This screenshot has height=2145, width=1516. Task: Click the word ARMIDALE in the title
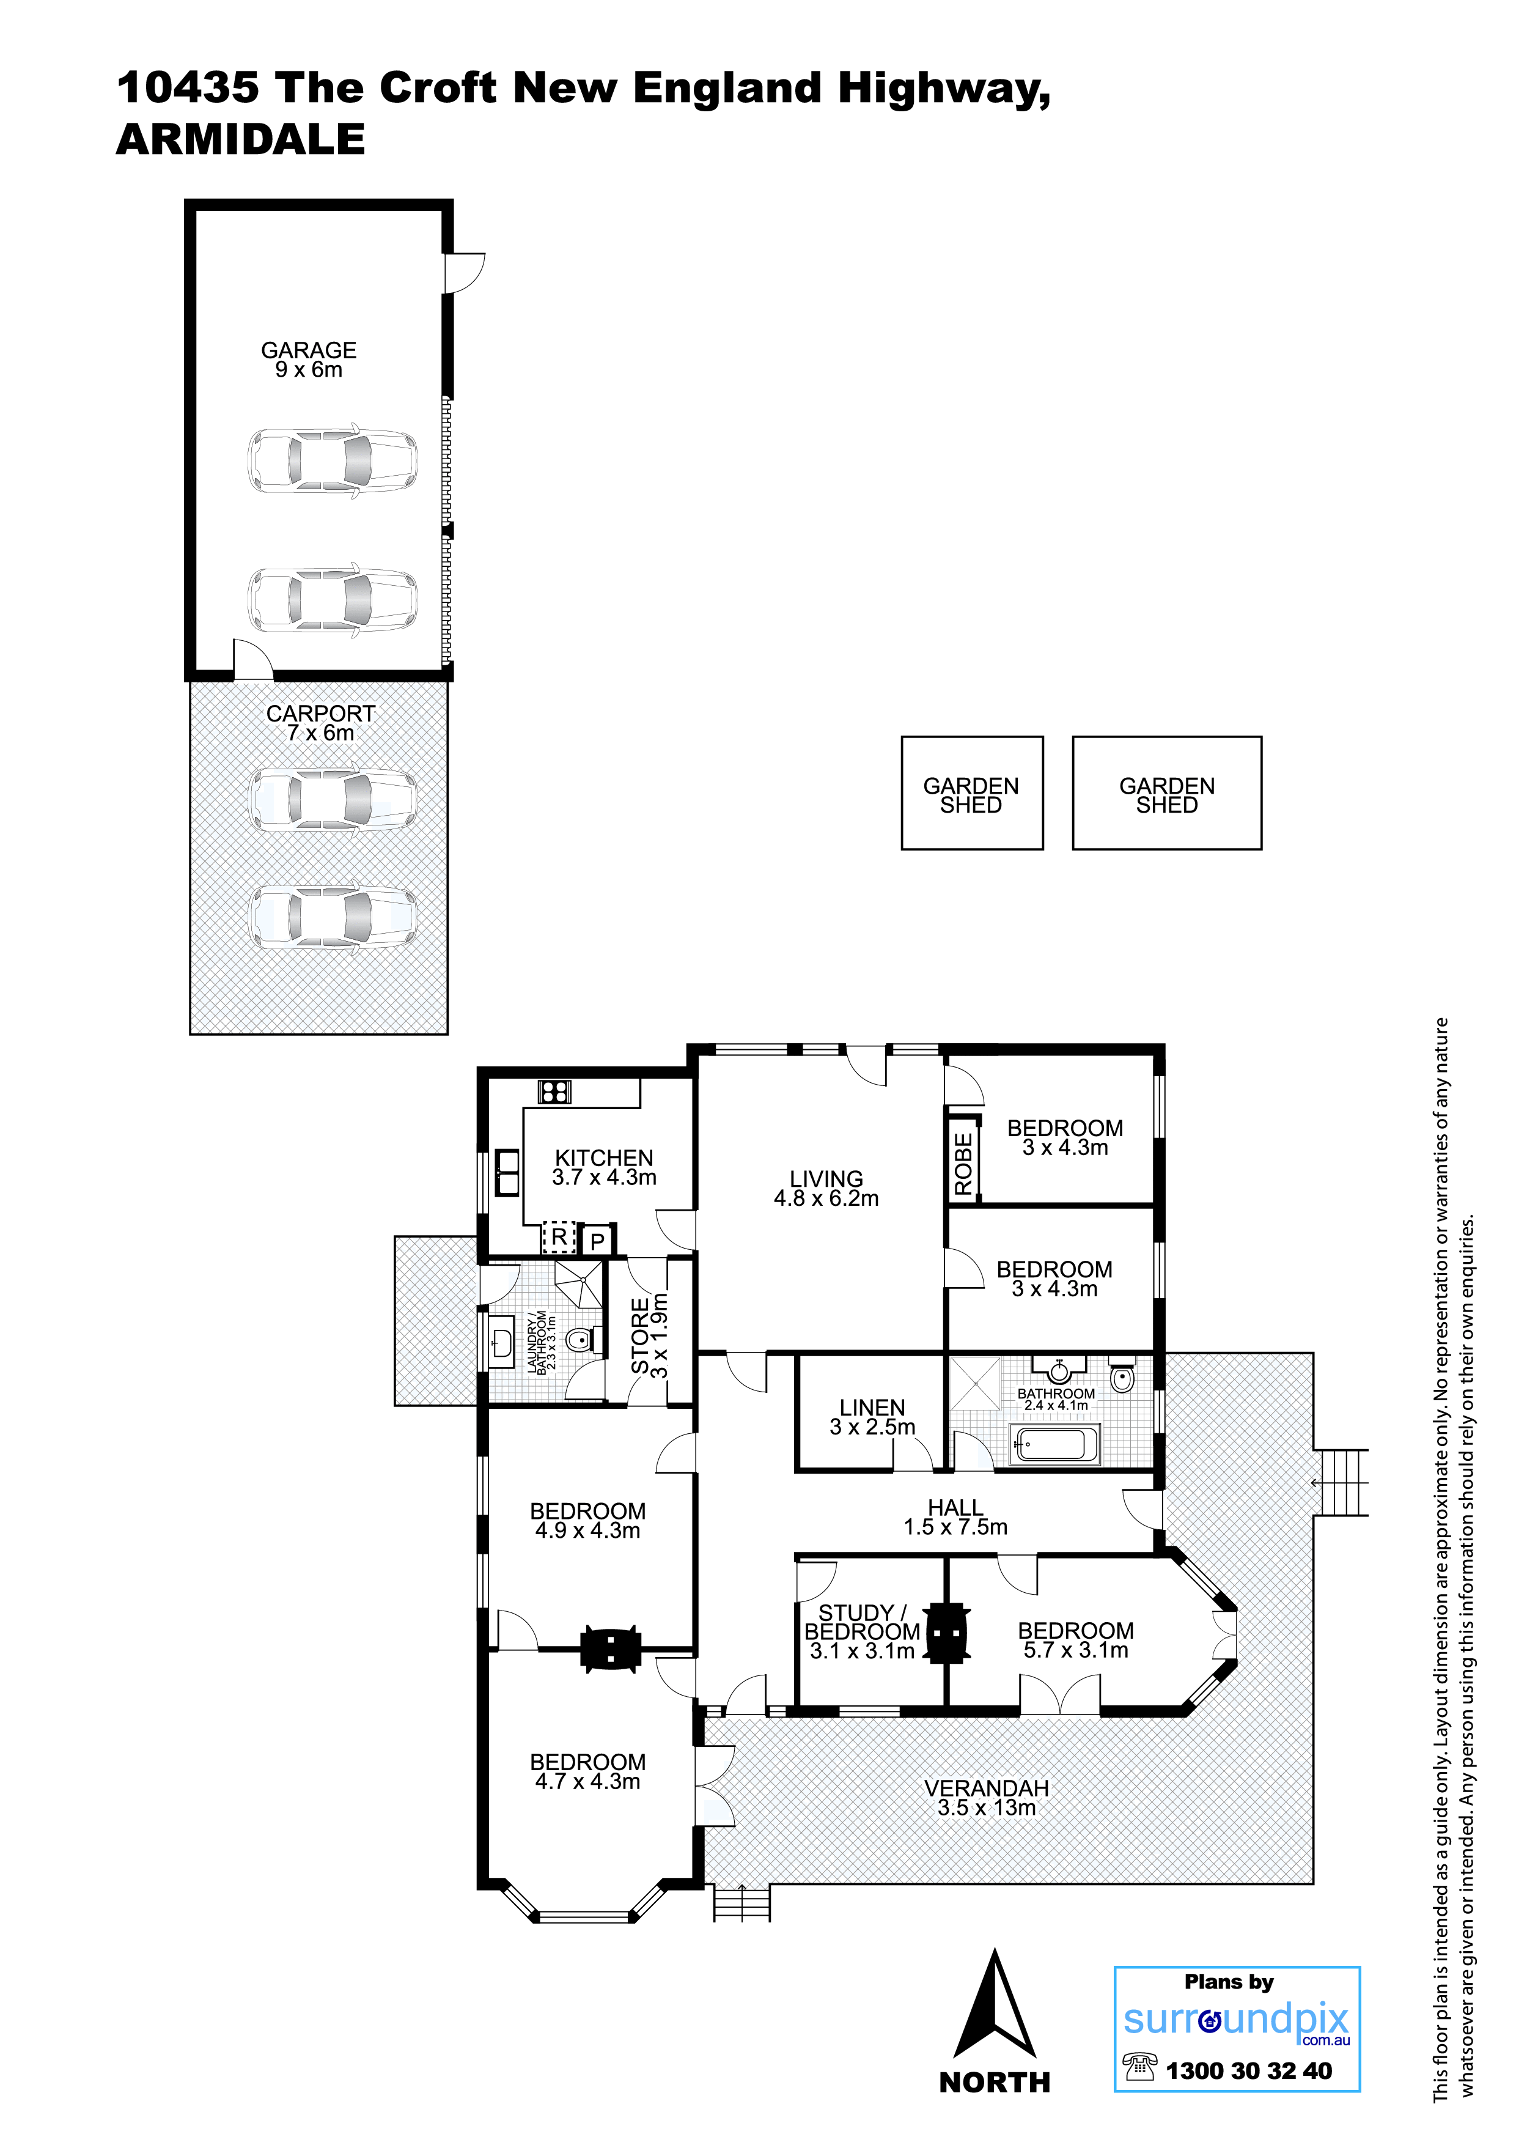click(x=240, y=139)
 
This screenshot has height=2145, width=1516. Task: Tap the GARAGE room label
click(x=308, y=350)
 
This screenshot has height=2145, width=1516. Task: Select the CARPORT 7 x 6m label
click(x=320, y=723)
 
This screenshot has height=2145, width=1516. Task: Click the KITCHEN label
click(x=605, y=1157)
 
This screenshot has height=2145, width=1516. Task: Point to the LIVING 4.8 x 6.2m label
click(x=826, y=1188)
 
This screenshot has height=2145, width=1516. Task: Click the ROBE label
click(x=963, y=1164)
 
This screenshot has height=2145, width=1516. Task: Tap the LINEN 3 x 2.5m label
click(x=872, y=1417)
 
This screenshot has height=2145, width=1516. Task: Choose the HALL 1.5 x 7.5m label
click(x=955, y=1517)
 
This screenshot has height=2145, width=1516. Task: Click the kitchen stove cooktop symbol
click(x=554, y=1091)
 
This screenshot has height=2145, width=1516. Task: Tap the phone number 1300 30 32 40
click(x=1249, y=2071)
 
